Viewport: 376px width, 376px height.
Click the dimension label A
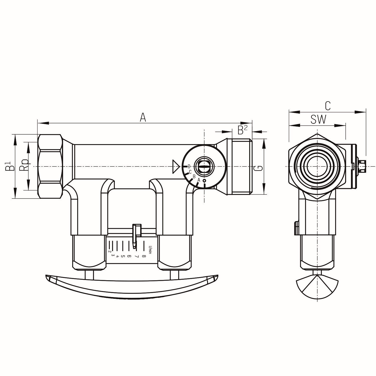pyautogui.click(x=143, y=117)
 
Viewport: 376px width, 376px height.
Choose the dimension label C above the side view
pyautogui.click(x=328, y=106)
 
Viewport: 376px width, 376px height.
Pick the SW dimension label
pyautogui.click(x=318, y=120)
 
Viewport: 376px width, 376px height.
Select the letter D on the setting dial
pyautogui.click(x=189, y=166)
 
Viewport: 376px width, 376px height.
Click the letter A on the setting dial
pyautogui.click(x=199, y=180)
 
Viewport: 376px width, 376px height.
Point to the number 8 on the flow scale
pyautogui.click(x=144, y=256)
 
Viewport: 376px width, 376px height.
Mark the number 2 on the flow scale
pyautogui.click(x=110, y=251)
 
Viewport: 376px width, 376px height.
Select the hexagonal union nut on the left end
pyautogui.click(x=50, y=166)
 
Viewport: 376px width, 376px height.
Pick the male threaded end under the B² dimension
pyautogui.click(x=241, y=166)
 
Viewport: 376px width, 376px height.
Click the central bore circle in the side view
pyautogui.click(x=317, y=166)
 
